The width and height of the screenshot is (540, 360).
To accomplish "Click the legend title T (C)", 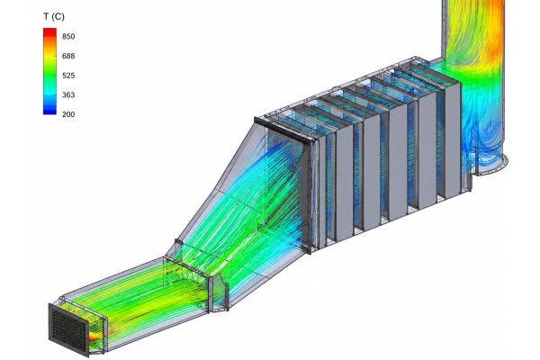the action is tap(54, 16).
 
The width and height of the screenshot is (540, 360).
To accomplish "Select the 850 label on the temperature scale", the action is tap(68, 37).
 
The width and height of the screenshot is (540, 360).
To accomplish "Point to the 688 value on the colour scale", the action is tap(68, 56).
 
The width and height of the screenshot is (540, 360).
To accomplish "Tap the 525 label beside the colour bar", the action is tap(68, 76).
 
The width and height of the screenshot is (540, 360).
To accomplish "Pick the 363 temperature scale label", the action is tap(68, 94).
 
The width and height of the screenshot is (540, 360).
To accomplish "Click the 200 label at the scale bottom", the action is tap(68, 114).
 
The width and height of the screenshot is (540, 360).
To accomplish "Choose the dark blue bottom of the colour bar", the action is tap(49, 110).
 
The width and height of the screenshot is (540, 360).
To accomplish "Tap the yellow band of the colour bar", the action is tap(49, 55).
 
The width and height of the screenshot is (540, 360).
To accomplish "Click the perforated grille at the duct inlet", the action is tap(69, 329).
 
